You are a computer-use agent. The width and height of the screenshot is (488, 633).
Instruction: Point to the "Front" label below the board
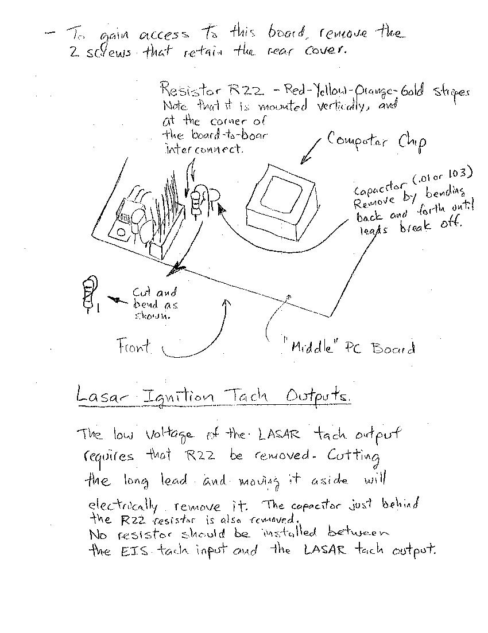pyautogui.click(x=134, y=346)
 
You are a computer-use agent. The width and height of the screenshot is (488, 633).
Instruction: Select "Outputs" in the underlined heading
pyautogui.click(x=316, y=397)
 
